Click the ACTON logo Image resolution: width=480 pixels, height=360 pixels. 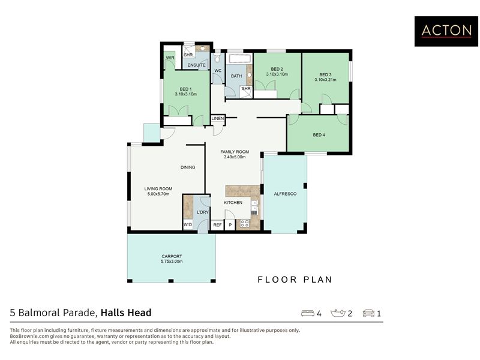446,31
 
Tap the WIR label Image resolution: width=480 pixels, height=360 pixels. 170,58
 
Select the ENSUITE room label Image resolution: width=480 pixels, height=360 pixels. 197,65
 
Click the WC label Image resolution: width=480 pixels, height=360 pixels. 218,71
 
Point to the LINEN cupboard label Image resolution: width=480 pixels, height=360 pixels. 218,118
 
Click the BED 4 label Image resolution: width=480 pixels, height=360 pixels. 319,135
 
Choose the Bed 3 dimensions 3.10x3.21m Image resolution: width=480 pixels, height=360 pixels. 325,80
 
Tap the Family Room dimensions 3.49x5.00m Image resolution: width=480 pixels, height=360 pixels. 235,157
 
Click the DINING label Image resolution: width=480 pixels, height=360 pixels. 188,167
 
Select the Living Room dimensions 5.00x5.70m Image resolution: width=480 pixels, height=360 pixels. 158,194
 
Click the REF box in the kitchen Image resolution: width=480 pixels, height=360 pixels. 217,225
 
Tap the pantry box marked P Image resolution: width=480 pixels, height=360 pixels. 230,225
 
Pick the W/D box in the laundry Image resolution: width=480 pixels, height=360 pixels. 188,225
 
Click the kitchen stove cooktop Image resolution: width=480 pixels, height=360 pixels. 245,223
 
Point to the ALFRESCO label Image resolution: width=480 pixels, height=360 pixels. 285,194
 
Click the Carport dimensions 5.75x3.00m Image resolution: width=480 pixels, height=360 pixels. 172,262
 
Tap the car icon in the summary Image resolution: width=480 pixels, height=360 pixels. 368,313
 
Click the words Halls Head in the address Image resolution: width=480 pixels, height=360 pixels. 126,313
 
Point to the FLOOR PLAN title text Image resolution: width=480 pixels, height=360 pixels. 295,280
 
